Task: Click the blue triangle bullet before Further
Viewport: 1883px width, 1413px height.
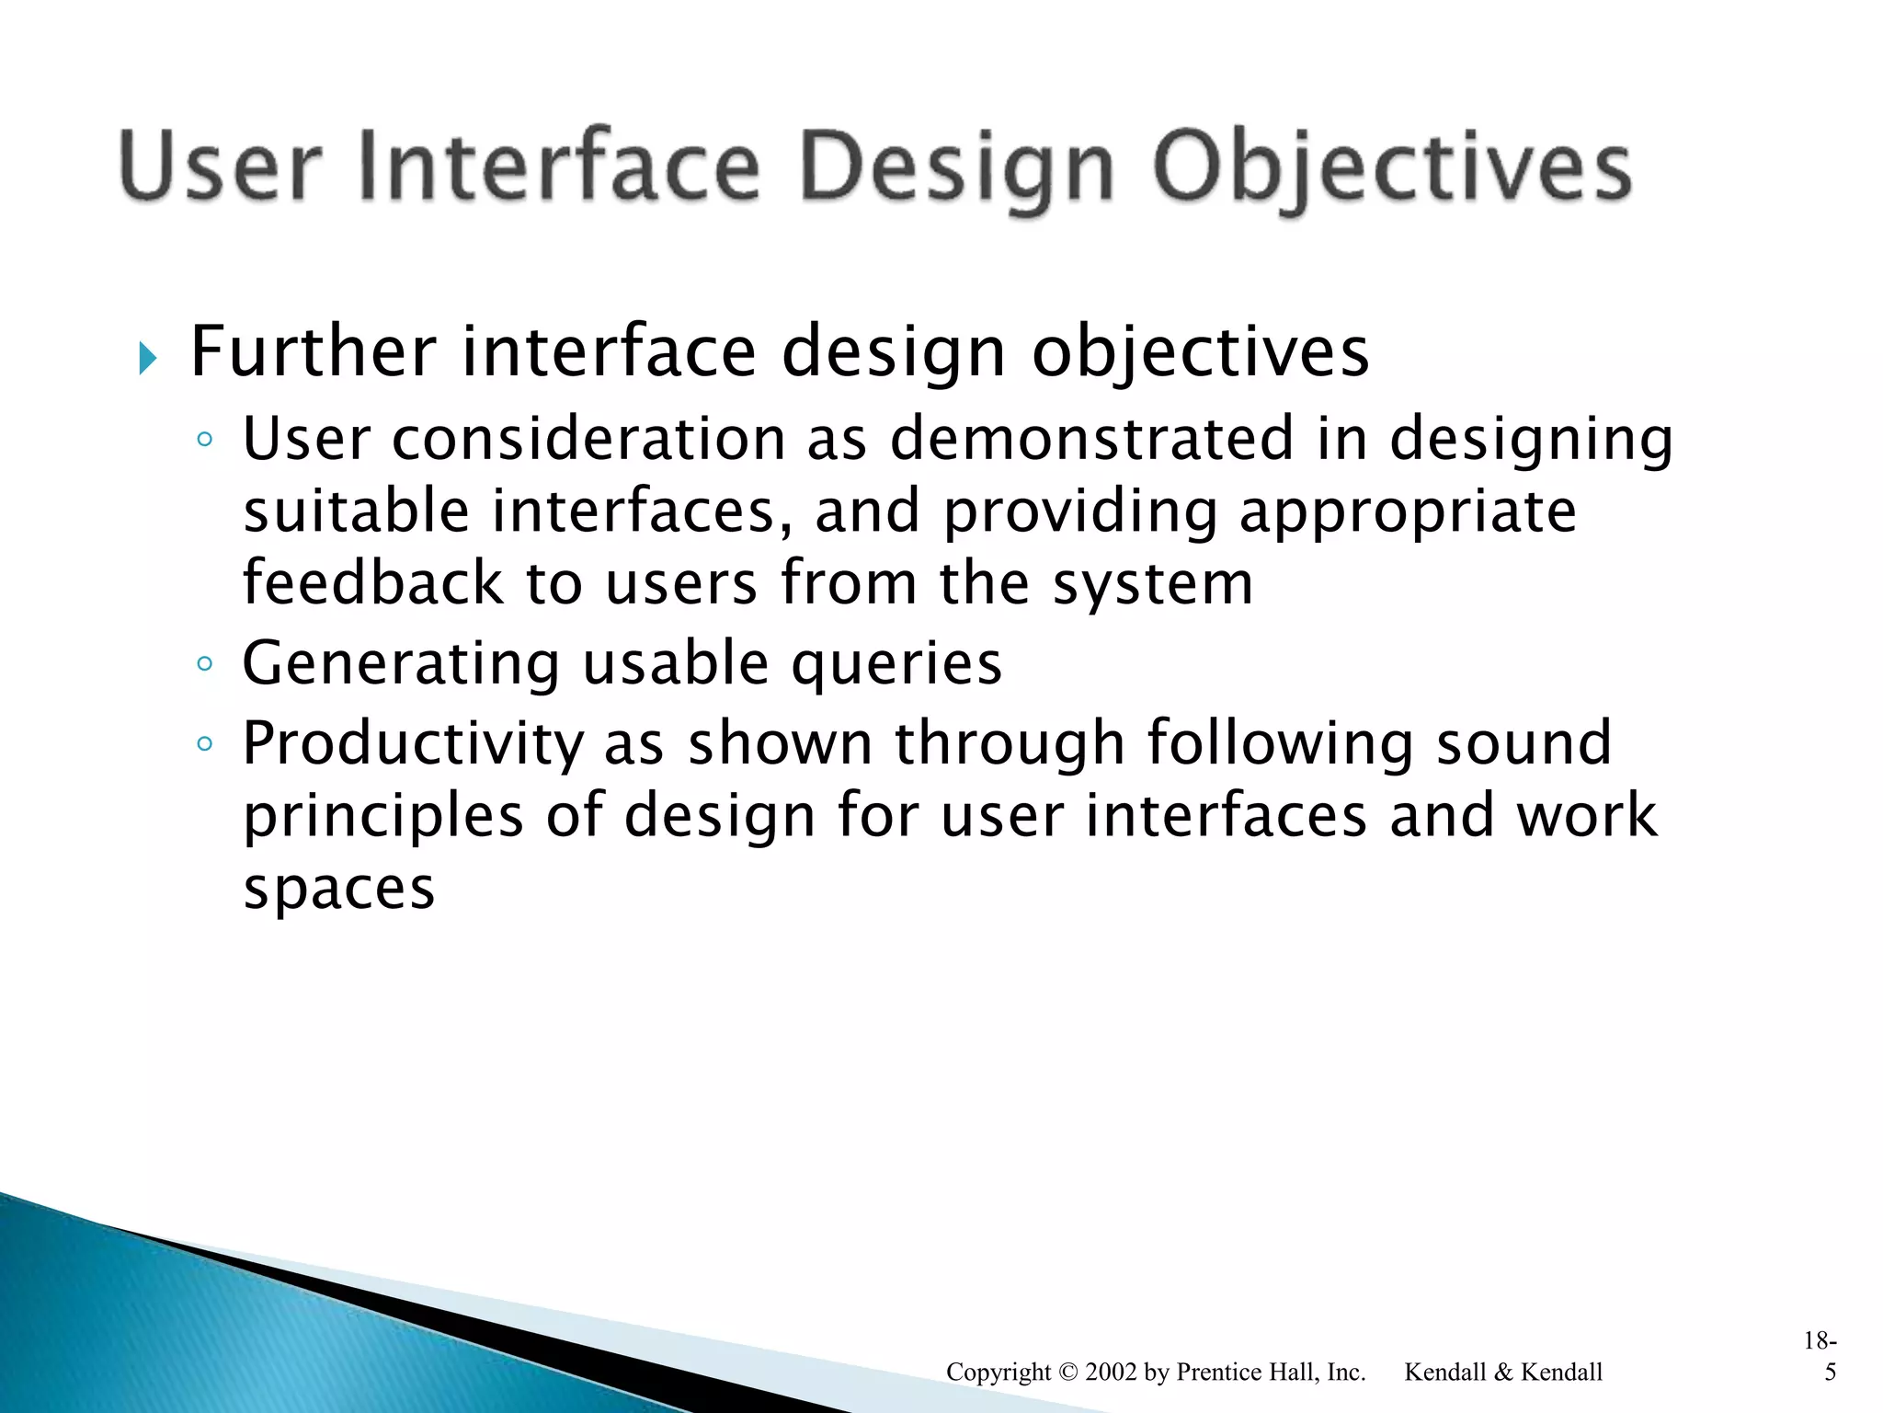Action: [147, 358]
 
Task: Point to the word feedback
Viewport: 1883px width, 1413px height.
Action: [372, 583]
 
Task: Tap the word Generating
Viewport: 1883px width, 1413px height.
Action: [401, 664]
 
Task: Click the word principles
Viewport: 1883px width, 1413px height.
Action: [382, 817]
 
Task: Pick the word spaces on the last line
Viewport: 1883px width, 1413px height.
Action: [338, 889]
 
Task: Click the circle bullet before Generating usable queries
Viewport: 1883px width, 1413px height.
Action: [205, 663]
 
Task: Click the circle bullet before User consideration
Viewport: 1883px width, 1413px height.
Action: [205, 439]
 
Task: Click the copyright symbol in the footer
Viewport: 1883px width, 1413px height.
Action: [1067, 1373]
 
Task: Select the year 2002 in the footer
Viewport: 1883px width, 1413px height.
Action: [1112, 1373]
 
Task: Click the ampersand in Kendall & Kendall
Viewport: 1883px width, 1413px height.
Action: [1503, 1373]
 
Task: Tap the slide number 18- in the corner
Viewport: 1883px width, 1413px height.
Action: [1820, 1341]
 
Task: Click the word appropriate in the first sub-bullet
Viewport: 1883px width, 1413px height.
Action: [1407, 511]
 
